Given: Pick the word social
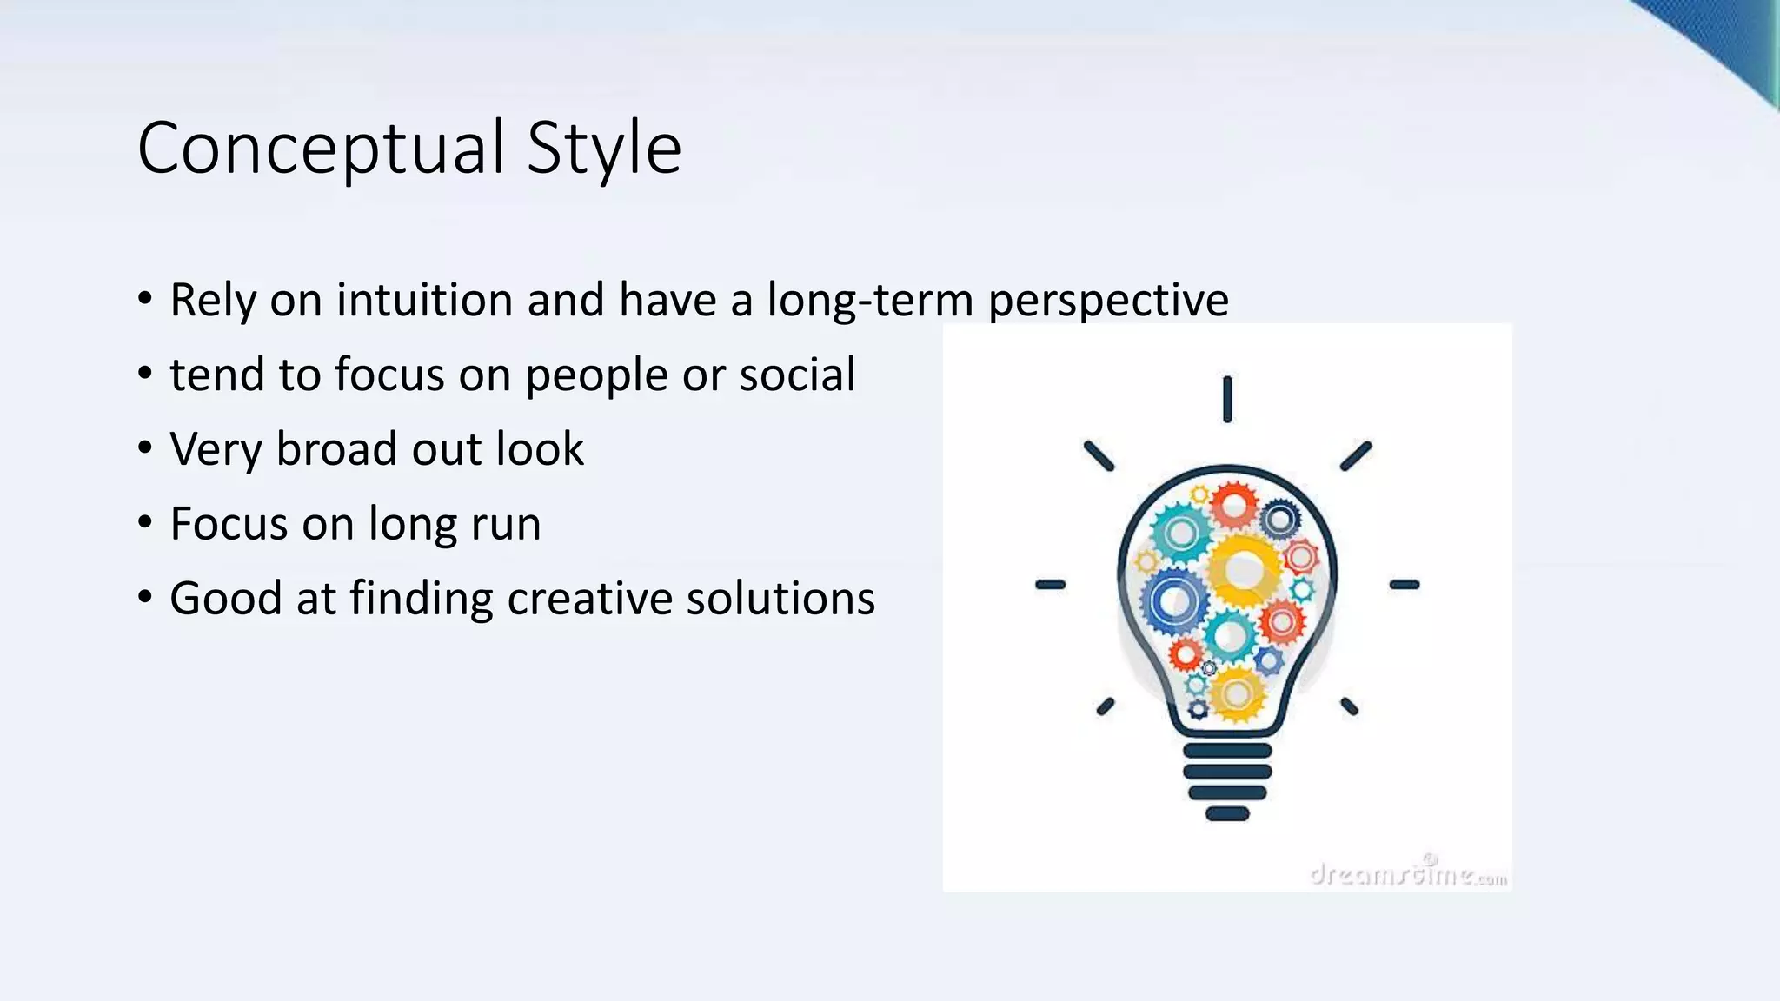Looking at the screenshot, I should [x=797, y=375].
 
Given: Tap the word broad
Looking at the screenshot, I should [x=335, y=449].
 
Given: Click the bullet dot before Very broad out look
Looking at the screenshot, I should [x=145, y=448].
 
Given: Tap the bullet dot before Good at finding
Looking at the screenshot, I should [x=145, y=598].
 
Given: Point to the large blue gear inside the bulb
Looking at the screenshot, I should [x=1174, y=601].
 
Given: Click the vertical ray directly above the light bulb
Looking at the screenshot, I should [x=1227, y=399].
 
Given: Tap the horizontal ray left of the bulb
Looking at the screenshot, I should [x=1050, y=585].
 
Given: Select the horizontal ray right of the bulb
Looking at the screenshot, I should [x=1404, y=585].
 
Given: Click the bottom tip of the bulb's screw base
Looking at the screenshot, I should [x=1227, y=814].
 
